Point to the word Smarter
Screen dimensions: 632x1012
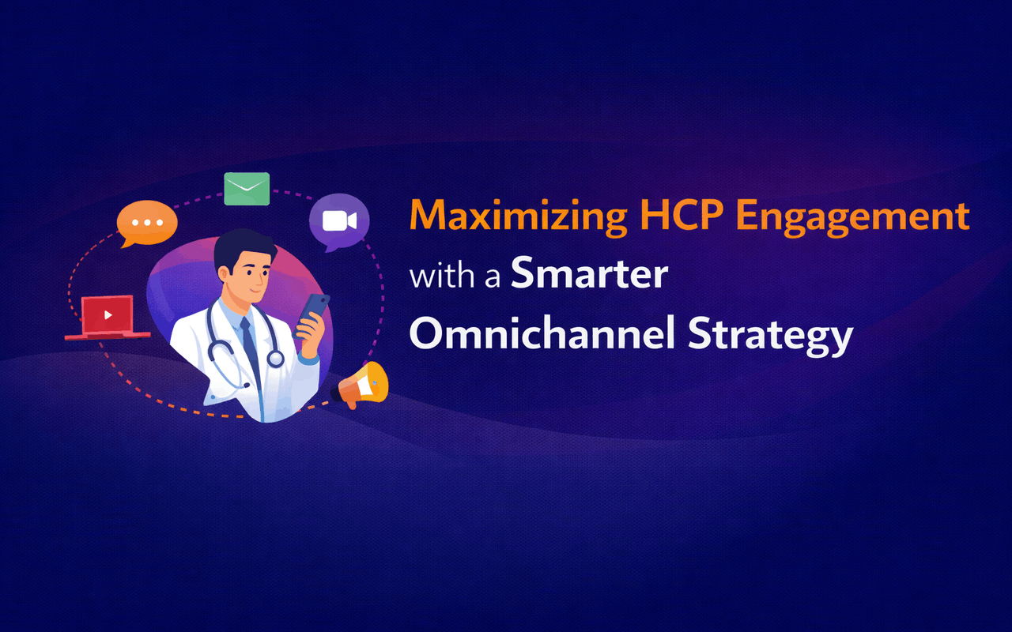coord(589,274)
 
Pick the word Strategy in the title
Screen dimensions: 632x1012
coord(770,335)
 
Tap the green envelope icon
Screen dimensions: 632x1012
coord(247,189)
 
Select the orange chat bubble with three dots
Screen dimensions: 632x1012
coord(146,222)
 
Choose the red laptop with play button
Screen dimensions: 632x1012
coord(108,316)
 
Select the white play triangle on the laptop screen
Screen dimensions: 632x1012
coord(108,315)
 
